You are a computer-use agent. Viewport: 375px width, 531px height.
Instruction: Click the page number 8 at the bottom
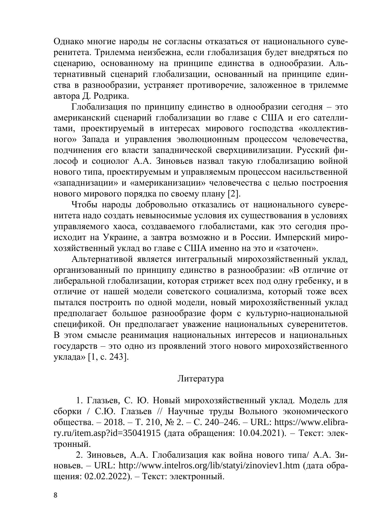click(55, 495)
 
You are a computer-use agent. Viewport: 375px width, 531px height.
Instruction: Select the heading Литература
click(201, 378)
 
